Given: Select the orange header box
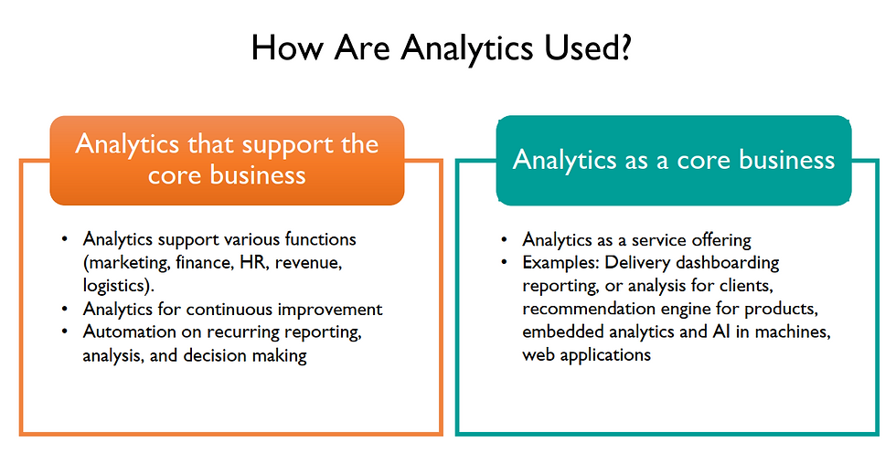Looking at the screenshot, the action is click(227, 161).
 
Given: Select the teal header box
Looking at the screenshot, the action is click(674, 161).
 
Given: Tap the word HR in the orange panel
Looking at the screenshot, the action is click(252, 263).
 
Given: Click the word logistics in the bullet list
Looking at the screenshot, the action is click(116, 286).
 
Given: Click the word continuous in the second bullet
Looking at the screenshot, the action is click(229, 309).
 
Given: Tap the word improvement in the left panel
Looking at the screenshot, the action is click(330, 310).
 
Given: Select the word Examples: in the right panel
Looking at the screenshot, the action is click(560, 263).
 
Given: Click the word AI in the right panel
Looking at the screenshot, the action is click(721, 331).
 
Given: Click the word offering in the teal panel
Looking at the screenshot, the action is click(721, 240).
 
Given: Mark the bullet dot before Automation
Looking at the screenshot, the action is click(65, 331).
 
